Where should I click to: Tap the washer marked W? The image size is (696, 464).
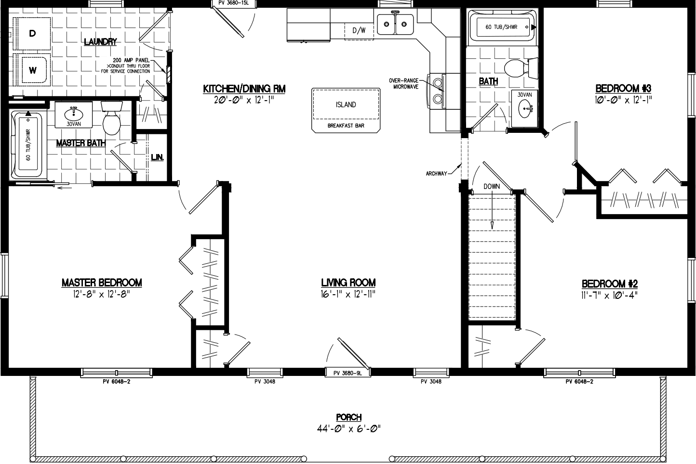[32, 70]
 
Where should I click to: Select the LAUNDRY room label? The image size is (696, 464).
[100, 42]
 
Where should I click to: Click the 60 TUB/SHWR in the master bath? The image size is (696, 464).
[28, 144]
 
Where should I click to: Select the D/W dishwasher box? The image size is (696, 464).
[359, 31]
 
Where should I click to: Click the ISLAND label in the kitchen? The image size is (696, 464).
[346, 104]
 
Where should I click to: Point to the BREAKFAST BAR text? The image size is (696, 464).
[346, 126]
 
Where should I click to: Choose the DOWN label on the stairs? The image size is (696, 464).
[492, 186]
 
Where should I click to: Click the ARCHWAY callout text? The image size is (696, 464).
[436, 174]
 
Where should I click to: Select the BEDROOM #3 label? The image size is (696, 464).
[623, 89]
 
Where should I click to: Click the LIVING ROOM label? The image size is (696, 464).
[348, 283]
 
